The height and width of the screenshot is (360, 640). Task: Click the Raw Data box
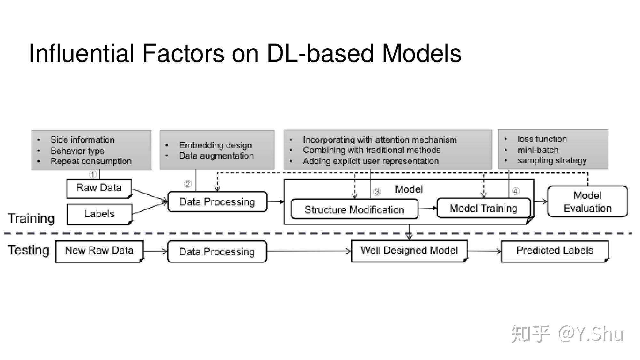[99, 188]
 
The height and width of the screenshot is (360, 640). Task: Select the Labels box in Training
[99, 214]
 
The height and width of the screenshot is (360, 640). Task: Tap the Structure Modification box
[354, 210]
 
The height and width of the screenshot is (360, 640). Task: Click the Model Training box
[483, 208]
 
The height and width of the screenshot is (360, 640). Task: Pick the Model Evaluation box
[587, 202]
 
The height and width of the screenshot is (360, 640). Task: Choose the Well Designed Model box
[409, 251]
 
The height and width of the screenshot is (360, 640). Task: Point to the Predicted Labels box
[555, 251]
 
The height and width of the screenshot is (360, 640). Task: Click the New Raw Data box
[99, 251]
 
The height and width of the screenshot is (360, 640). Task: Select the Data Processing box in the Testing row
[217, 252]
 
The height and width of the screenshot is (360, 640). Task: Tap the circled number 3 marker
[377, 192]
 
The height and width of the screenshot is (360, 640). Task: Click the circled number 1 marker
[92, 174]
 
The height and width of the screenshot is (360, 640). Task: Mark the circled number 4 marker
[516, 191]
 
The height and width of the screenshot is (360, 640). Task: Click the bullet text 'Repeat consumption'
[91, 161]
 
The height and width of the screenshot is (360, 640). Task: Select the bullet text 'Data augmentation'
[216, 156]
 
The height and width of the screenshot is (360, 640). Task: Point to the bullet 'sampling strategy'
[552, 160]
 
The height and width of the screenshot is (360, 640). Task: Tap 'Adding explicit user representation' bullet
[371, 161]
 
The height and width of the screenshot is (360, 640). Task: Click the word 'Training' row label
[31, 218]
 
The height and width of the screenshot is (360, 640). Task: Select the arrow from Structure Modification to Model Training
[428, 208]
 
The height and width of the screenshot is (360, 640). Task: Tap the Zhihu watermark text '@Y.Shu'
[591, 334]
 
